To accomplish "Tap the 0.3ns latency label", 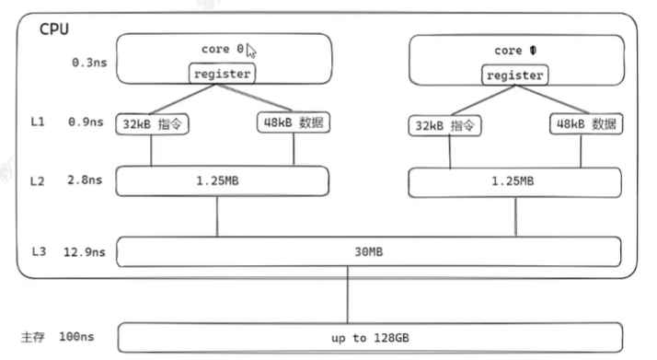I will pyautogui.click(x=89, y=64).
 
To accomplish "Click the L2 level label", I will pyautogui.click(x=37, y=181).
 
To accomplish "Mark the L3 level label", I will pyautogui.click(x=37, y=250).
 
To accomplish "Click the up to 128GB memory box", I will pyautogui.click(x=371, y=338).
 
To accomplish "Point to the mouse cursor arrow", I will pyautogui.click(x=250, y=52).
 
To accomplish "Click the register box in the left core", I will pyautogui.click(x=223, y=73).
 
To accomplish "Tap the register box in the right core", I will pyautogui.click(x=514, y=75).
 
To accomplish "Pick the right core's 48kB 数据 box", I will pyautogui.click(x=585, y=124).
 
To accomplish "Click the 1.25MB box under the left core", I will pyautogui.click(x=222, y=181).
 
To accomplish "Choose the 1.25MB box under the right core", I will pyautogui.click(x=513, y=181).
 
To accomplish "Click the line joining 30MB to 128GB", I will pyautogui.click(x=347, y=295).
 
